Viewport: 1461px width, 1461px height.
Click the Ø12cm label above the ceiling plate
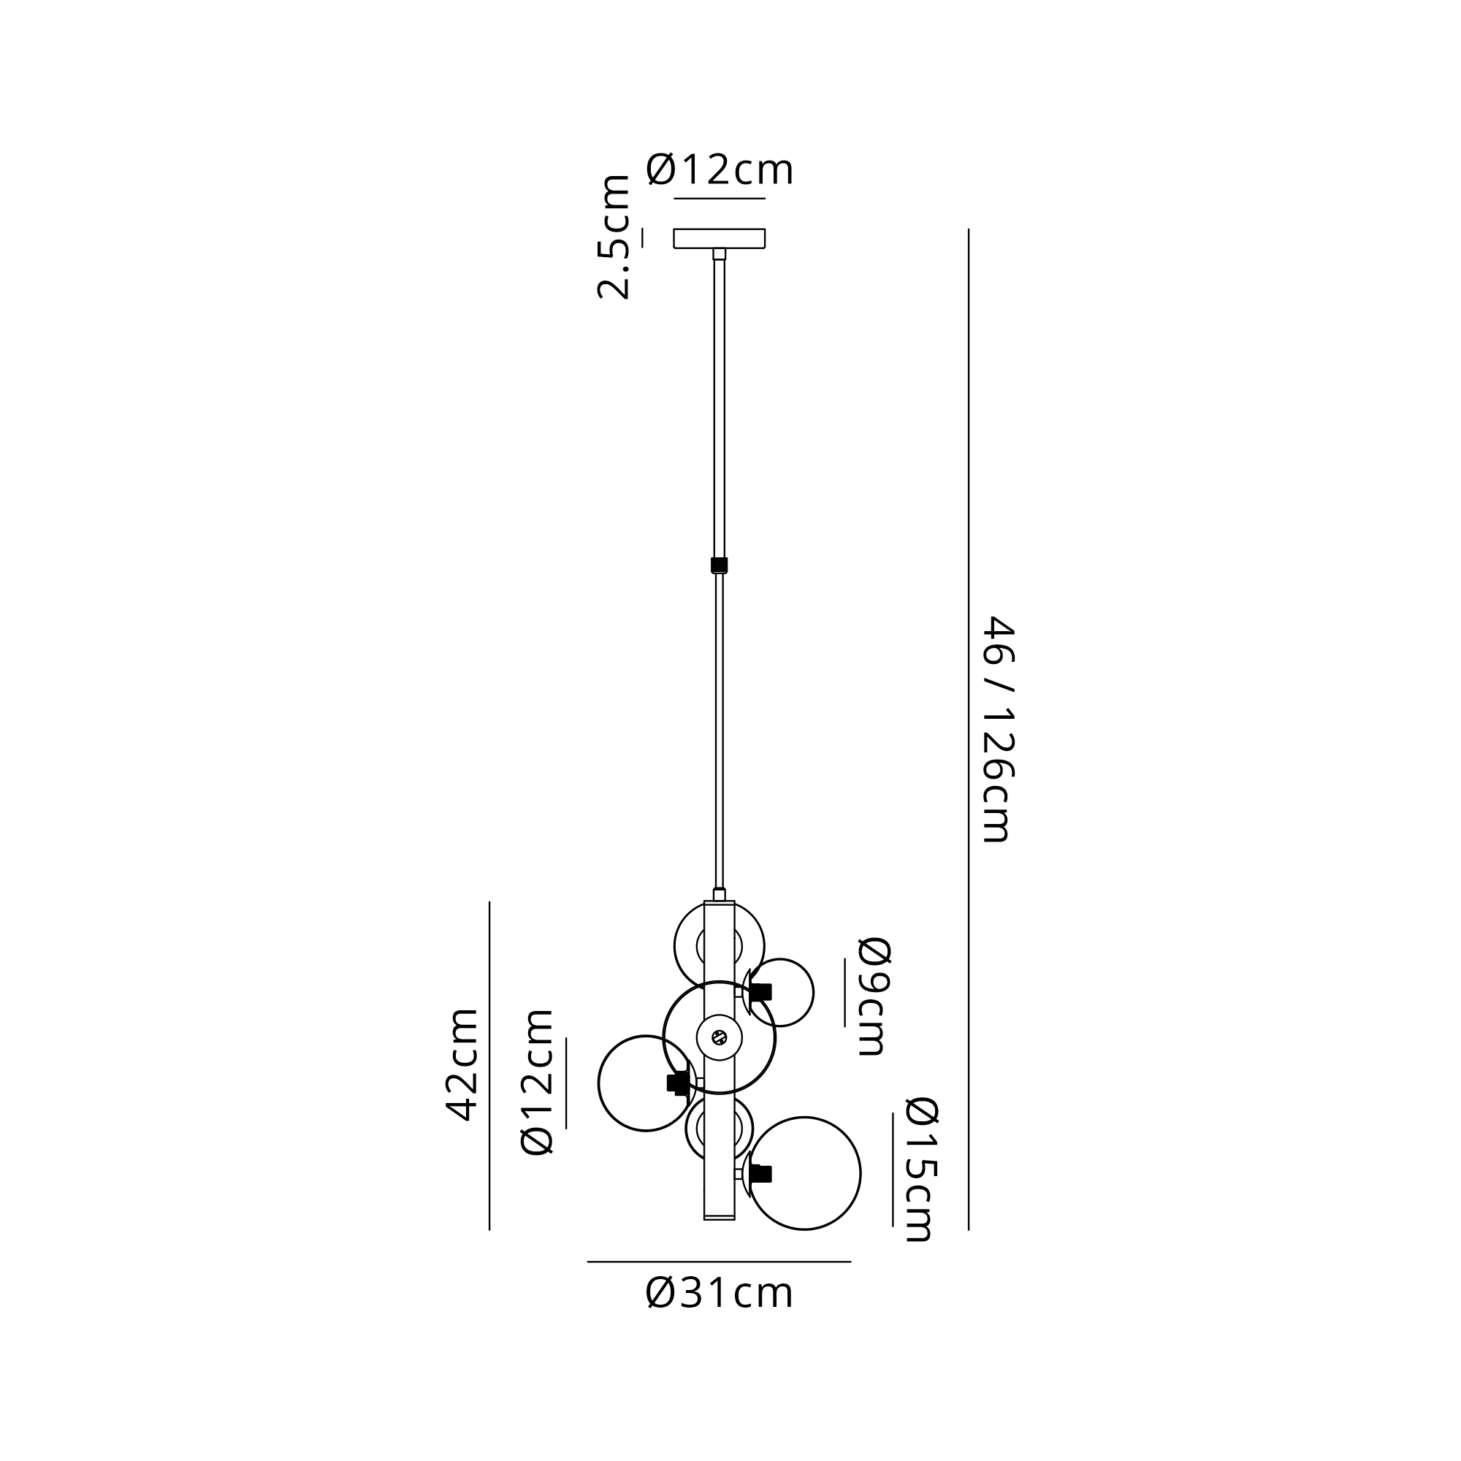719,169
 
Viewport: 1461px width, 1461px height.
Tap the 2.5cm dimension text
614,237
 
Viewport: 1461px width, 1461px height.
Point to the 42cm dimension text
462,1064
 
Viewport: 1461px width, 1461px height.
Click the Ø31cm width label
719,1293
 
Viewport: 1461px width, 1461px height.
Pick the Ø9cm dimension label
873,996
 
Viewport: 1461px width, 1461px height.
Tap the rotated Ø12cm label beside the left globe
538,1081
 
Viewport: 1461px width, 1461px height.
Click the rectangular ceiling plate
719,238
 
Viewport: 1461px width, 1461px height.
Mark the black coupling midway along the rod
719,565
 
